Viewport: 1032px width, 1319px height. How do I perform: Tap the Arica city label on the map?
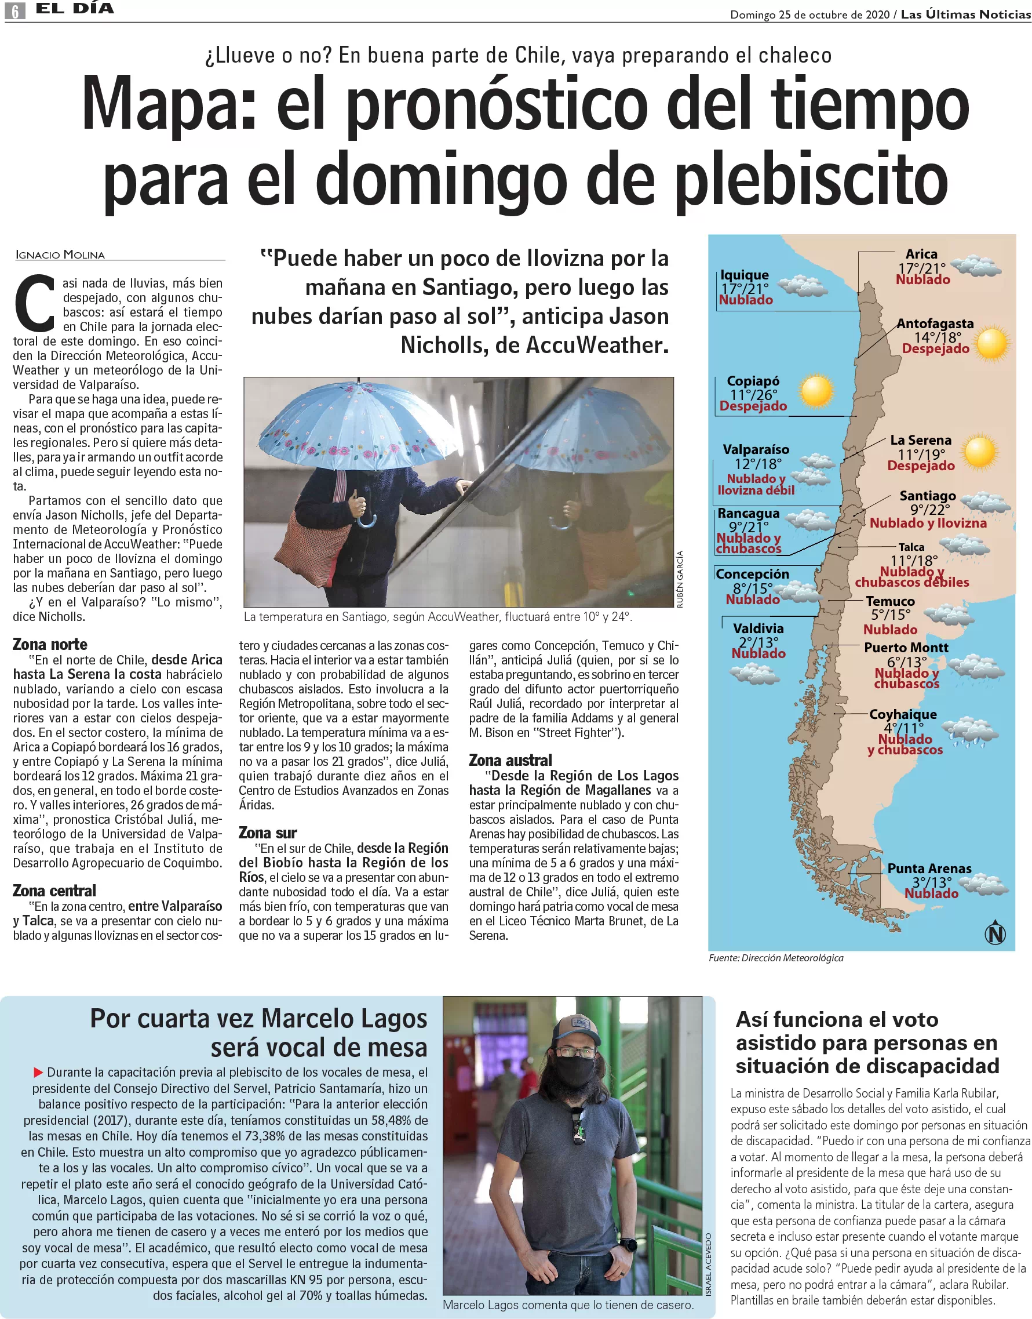[921, 254]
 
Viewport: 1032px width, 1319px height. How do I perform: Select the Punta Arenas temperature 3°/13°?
[932, 882]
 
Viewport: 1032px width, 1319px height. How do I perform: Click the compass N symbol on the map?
[994, 934]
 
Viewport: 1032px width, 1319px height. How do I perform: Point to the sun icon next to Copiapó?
[816, 391]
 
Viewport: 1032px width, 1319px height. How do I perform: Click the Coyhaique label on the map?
[903, 714]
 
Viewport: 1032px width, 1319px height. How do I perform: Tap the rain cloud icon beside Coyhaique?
[969, 733]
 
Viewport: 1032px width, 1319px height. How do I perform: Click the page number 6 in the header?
[15, 10]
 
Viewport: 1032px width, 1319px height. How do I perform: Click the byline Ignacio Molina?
[60, 255]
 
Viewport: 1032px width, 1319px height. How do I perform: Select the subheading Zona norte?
[50, 644]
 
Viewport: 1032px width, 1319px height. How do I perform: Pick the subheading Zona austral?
[510, 760]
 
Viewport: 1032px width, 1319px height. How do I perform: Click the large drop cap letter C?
[35, 304]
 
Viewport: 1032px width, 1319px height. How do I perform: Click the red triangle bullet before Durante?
[38, 1072]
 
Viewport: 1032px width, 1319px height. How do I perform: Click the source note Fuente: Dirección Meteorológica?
[776, 958]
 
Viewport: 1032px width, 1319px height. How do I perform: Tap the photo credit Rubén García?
[680, 579]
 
